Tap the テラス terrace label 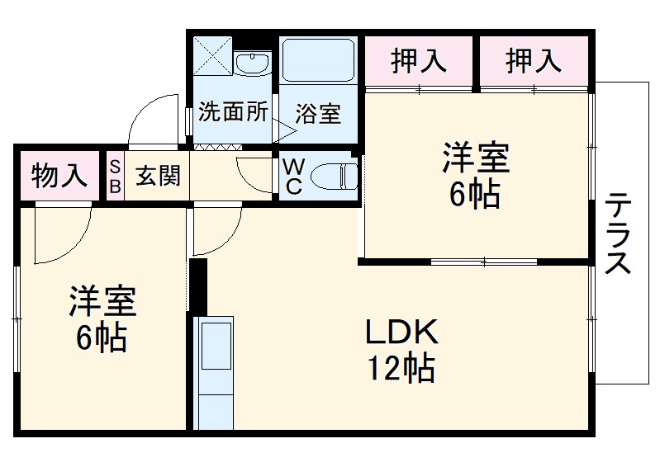(x=618, y=233)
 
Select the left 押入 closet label (x=419, y=60)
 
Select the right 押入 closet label (x=534, y=60)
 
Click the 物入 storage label (x=59, y=175)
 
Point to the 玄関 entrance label (x=158, y=176)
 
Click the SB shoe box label (x=115, y=176)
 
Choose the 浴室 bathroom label (x=318, y=113)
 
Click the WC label (x=292, y=176)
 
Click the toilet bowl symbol (x=335, y=176)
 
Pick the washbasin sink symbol (x=251, y=63)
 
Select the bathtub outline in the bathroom (x=318, y=62)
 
